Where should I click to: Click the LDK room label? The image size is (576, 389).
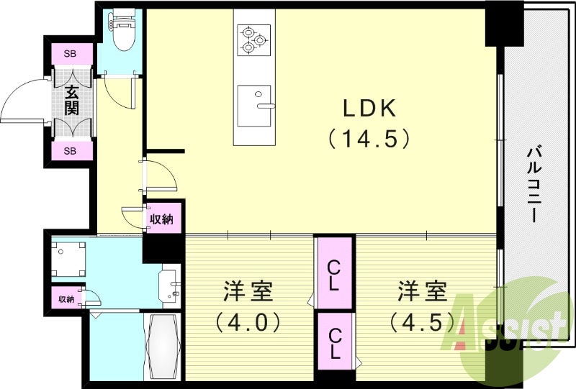369,109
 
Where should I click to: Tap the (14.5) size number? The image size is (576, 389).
369,139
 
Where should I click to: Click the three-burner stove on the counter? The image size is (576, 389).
254,40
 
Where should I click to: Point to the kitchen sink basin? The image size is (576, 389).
254,106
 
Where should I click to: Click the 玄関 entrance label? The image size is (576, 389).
71,100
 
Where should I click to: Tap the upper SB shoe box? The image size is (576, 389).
71,54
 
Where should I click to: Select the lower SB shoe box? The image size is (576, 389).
71,150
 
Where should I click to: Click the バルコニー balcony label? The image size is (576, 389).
534,184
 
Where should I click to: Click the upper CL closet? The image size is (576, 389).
335,274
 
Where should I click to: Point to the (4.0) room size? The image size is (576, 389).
248,323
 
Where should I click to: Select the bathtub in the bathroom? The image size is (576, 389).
163,346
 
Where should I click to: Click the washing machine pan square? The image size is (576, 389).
68,259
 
